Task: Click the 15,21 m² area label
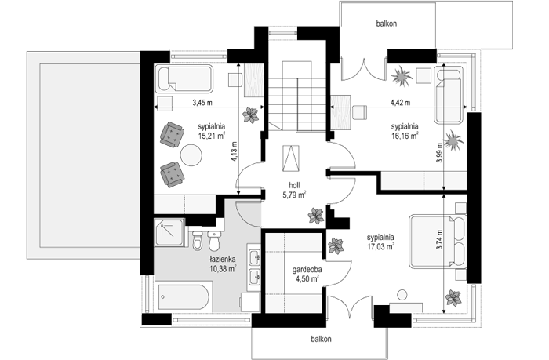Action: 212,136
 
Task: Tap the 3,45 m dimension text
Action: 202,103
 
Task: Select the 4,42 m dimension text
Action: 401,103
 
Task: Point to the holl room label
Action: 294,186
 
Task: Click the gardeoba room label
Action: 307,270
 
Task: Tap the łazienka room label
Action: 223,260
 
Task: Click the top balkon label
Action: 387,24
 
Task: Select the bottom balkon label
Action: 321,339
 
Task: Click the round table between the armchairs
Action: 191,155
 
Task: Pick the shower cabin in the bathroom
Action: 169,232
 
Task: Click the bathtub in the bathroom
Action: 184,297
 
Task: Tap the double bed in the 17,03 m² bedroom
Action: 438,242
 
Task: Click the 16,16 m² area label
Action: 405,135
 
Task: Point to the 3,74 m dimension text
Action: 440,240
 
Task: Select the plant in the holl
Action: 316,216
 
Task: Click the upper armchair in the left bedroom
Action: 172,134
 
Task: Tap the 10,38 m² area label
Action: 223,268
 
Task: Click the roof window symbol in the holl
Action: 291,158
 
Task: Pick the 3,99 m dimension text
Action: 440,154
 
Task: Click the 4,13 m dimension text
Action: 235,151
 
